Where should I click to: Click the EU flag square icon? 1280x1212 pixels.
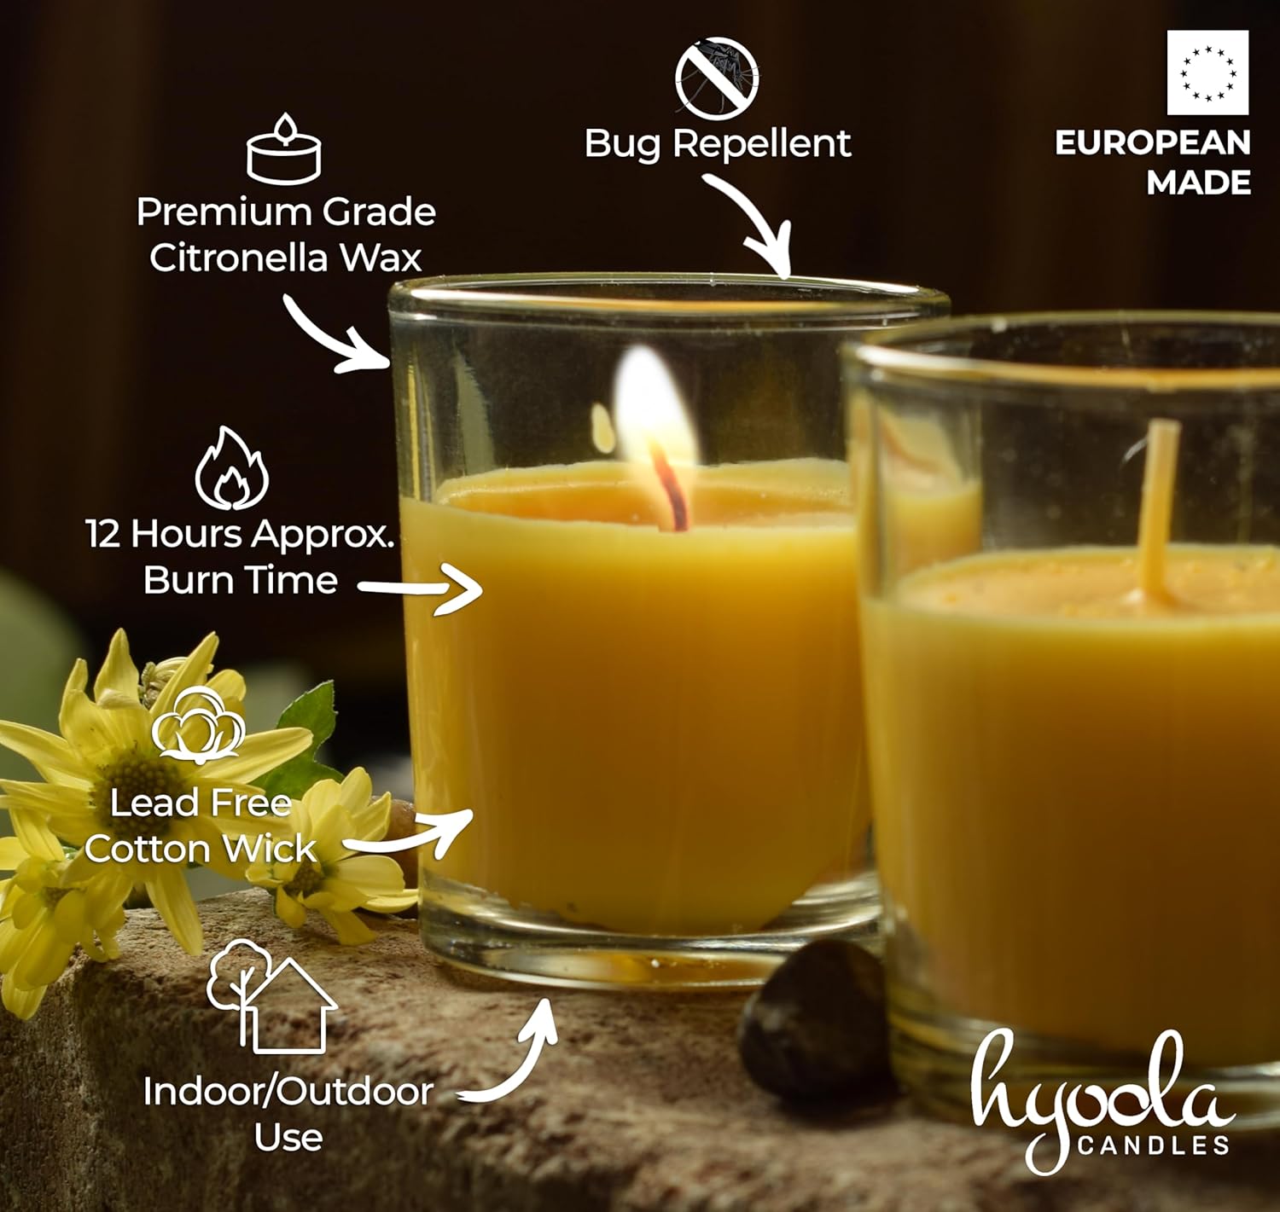coord(1207,72)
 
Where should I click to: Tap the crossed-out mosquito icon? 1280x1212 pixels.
coord(717,77)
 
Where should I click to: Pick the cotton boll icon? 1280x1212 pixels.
coord(199,723)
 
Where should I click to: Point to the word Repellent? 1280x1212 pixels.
coord(761,143)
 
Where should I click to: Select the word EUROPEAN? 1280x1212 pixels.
coord(1152,143)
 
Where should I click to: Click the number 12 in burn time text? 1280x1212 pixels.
coord(104,535)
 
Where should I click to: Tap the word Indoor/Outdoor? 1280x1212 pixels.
coord(288,1092)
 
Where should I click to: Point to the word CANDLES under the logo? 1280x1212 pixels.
coord(1153,1145)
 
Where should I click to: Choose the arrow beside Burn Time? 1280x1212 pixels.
coord(422,589)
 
